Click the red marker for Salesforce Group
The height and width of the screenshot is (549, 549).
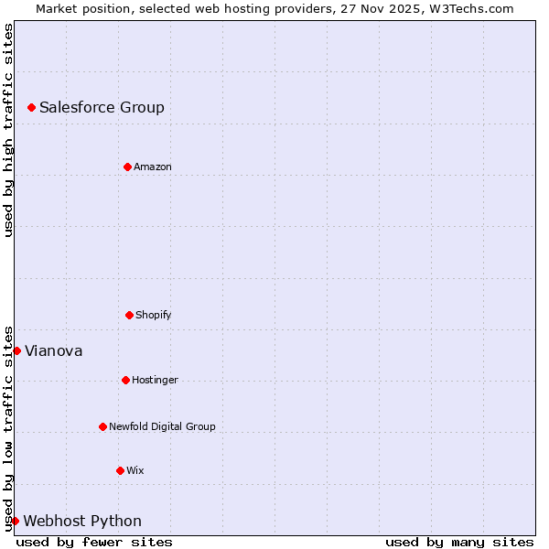tap(31, 107)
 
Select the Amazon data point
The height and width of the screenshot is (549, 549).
tap(127, 167)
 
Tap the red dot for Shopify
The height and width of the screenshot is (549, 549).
tap(129, 315)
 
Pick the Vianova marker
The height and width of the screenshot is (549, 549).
tap(16, 350)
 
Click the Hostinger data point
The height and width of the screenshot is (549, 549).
tap(125, 380)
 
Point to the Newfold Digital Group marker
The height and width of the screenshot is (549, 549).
tap(102, 426)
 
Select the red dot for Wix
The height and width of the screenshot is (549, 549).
tap(120, 470)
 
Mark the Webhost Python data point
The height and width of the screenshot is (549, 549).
tap(15, 521)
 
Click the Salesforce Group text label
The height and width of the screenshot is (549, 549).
tap(102, 107)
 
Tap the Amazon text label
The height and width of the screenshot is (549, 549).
tap(153, 167)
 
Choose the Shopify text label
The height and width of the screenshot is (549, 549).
tap(154, 315)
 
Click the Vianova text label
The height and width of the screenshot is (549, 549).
tap(53, 350)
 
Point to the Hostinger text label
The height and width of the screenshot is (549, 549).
tap(155, 380)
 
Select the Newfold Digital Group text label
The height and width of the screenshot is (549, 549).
tap(162, 426)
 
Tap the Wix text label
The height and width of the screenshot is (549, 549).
tap(135, 470)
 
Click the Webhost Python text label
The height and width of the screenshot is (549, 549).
tap(82, 521)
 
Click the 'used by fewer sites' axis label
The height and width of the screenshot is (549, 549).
tap(94, 542)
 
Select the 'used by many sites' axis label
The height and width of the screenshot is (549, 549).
tap(459, 542)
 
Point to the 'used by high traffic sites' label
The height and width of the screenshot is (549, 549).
tap(8, 130)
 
